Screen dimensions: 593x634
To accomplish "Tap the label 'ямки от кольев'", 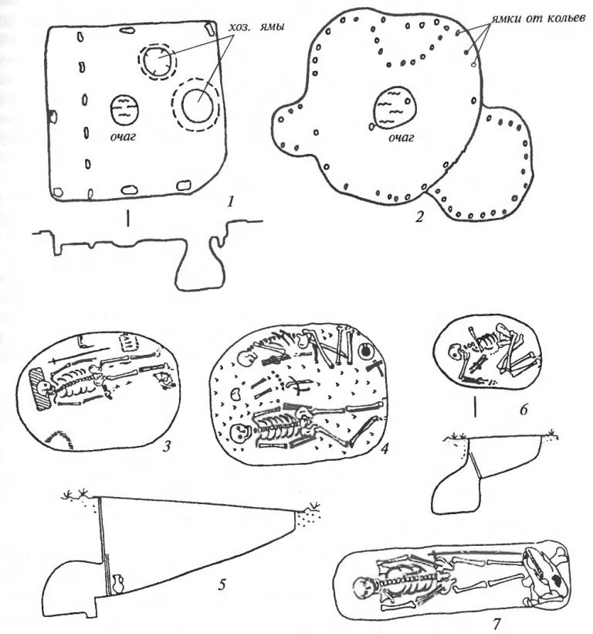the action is [538, 19].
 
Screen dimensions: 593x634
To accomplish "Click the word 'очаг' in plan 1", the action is [123, 137].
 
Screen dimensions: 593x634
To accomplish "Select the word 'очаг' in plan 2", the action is [402, 138].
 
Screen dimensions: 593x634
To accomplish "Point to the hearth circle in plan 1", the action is [125, 110].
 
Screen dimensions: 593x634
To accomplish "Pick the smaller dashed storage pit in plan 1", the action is [157, 62].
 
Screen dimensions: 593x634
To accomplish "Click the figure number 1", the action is [231, 201].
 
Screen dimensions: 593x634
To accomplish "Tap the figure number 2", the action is [420, 217].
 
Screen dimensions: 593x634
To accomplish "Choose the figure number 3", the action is [167, 445].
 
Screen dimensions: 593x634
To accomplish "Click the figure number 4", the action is [385, 447].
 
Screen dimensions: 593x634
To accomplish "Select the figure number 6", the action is [524, 410].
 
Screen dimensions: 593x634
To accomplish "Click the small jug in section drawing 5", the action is [118, 584].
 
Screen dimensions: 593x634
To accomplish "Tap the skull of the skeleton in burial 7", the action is [362, 587].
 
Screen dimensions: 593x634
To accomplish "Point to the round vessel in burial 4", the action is [366, 351].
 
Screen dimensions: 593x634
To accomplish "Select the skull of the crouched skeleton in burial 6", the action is [456, 351].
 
